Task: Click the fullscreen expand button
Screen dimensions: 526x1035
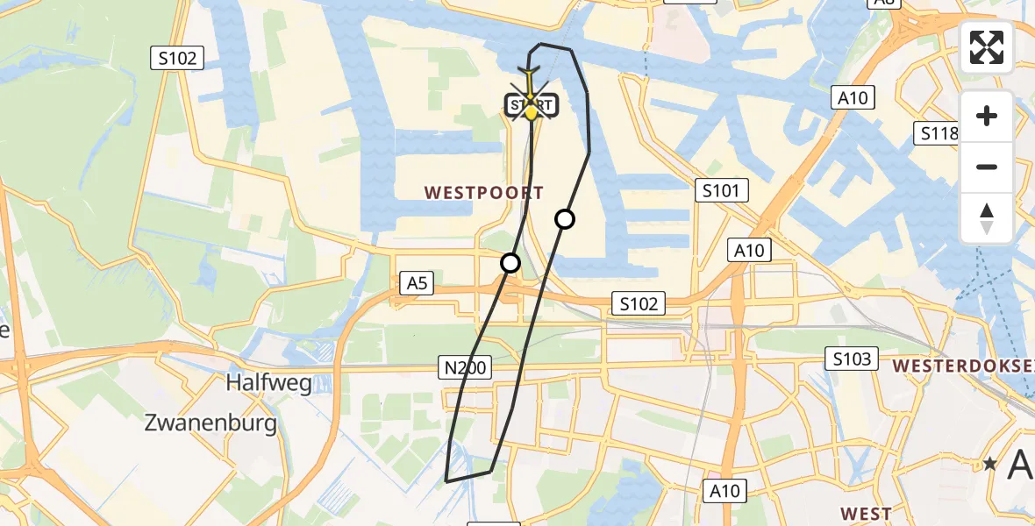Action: (987, 47)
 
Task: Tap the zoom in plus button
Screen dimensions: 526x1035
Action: (987, 116)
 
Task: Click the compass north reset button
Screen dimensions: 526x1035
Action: (987, 218)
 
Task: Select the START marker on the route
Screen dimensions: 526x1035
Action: (531, 106)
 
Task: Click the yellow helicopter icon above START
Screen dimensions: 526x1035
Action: (530, 69)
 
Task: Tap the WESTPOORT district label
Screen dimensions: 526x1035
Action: (484, 193)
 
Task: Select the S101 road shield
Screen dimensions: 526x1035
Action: (722, 190)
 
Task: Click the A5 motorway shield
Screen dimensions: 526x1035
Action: (417, 282)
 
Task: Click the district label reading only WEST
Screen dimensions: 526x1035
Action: (866, 514)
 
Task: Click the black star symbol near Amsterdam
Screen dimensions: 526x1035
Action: (991, 463)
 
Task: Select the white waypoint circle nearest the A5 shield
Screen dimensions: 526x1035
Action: (510, 262)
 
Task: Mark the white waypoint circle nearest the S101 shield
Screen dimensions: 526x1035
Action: (565, 219)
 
